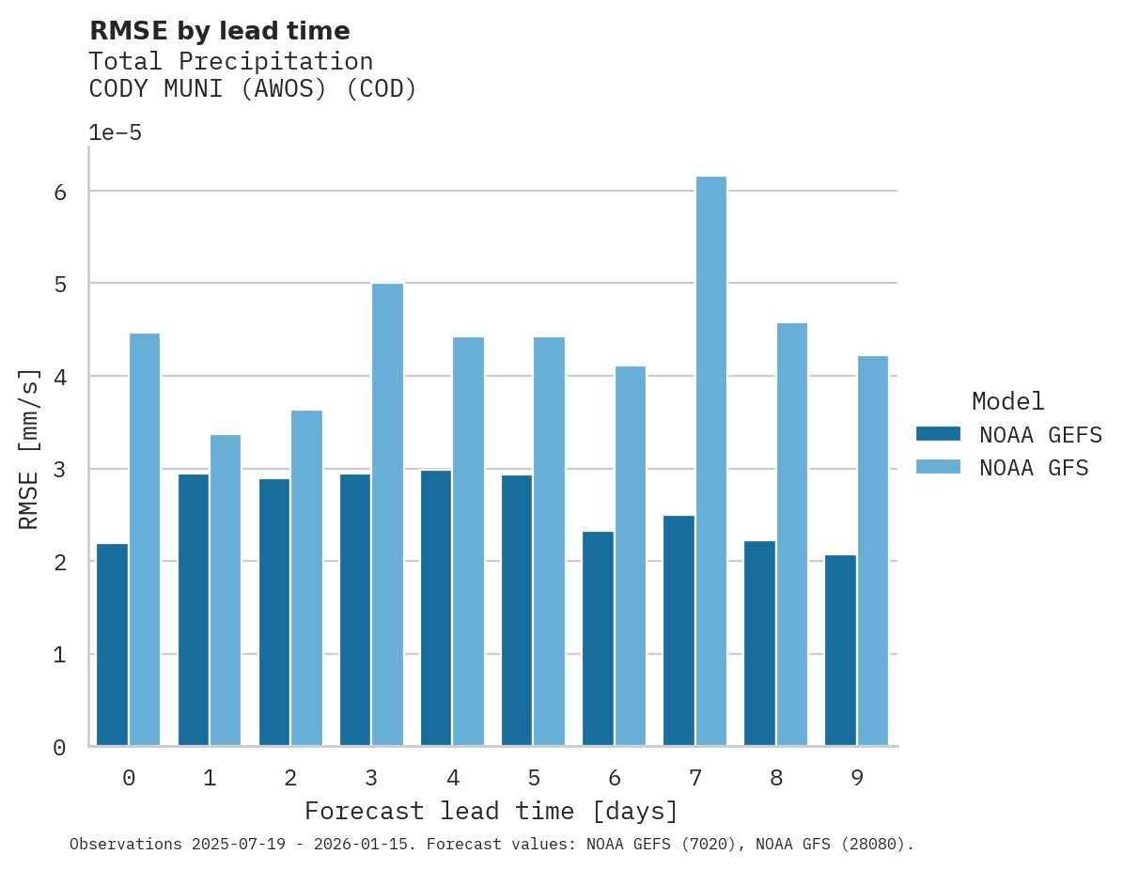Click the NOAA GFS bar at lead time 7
tap(710, 461)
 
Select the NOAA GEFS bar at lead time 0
tap(112, 645)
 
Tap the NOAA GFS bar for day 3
tap(387, 515)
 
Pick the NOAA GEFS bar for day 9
tap(840, 650)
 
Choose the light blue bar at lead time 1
tap(226, 590)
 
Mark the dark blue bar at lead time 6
tap(598, 639)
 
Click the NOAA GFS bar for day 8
tap(791, 535)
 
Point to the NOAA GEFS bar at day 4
tap(436, 608)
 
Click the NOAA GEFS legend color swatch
tap(938, 434)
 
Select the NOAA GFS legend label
tap(1034, 468)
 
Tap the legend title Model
tap(1007, 401)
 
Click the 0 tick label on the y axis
tap(59, 748)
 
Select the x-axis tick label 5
tap(534, 778)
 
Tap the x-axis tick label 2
tap(290, 778)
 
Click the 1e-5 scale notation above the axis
tap(115, 133)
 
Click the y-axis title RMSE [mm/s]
tap(30, 449)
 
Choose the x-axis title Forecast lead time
tap(491, 811)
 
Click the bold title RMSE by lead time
tap(219, 31)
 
